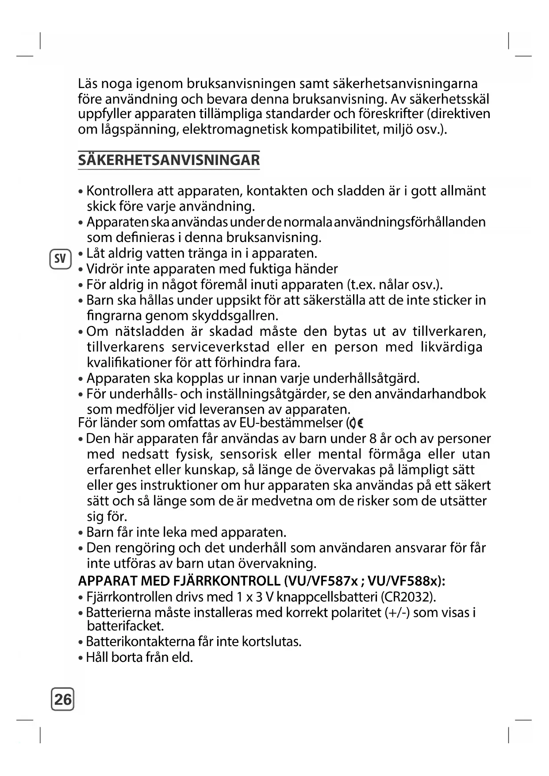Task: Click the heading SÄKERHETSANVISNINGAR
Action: pos(169,160)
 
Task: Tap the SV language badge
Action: pos(60,259)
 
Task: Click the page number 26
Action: pos(62,699)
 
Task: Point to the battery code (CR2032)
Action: pos(408,597)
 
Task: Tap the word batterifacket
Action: pos(125,626)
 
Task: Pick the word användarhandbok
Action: pos(430,394)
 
